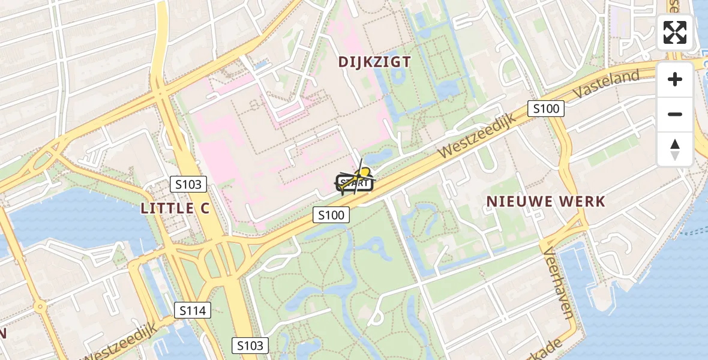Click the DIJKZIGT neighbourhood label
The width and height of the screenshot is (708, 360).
tap(374, 62)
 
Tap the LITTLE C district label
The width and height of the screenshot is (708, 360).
tap(167, 208)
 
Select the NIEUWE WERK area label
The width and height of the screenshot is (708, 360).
tap(546, 202)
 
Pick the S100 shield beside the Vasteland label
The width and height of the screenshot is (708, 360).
tap(546, 109)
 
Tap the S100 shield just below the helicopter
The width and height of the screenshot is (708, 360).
tap(331, 215)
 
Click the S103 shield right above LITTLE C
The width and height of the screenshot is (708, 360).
tap(188, 184)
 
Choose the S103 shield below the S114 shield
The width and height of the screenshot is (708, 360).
tap(250, 346)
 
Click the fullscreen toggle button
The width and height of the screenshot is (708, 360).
tap(675, 32)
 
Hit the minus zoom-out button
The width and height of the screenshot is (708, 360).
tap(675, 114)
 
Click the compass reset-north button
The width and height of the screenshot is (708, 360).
tap(675, 149)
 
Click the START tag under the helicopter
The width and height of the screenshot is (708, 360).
tap(354, 184)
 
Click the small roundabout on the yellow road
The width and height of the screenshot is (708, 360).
tap(40, 307)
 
